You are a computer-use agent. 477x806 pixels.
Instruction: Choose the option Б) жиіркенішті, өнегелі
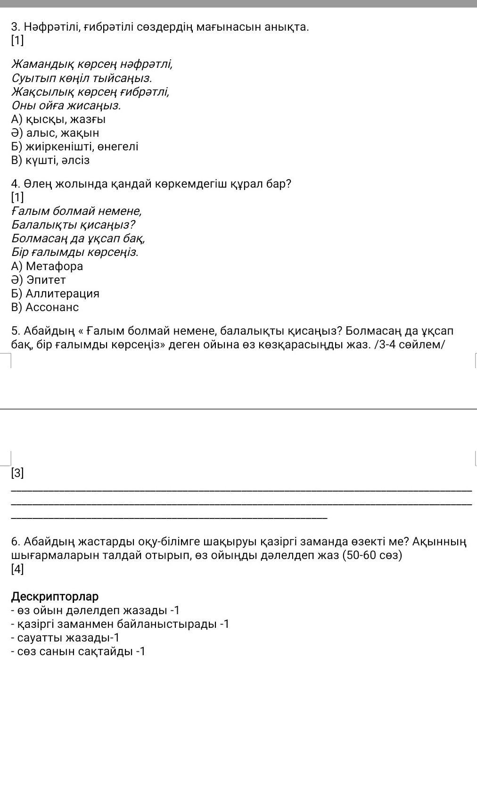click(74, 147)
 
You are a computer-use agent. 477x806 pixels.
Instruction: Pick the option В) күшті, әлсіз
click(50, 160)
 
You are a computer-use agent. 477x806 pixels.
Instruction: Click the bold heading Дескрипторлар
click(55, 596)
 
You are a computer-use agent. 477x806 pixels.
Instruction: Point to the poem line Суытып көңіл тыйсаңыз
click(82, 78)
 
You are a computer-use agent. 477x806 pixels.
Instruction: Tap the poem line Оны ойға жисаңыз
click(66, 106)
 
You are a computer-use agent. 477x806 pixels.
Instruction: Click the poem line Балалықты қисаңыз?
click(74, 225)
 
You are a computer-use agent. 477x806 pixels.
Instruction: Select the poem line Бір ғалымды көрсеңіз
click(74, 252)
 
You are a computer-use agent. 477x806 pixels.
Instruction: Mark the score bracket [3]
click(17, 473)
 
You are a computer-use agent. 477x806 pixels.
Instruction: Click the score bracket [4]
click(17, 569)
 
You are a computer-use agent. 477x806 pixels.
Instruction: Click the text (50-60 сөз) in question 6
click(372, 555)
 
